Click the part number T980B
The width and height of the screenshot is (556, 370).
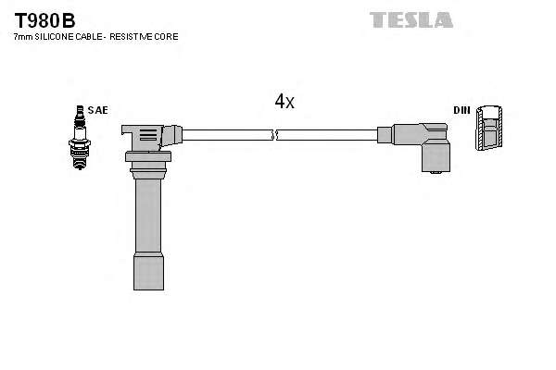(x=44, y=20)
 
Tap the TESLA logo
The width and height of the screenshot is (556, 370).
(x=411, y=19)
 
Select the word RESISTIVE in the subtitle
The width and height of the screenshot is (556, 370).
(x=130, y=36)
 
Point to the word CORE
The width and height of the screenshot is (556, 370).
(x=166, y=36)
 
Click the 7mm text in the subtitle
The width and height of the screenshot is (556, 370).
(x=23, y=36)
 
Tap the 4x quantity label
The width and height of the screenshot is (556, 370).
(x=284, y=101)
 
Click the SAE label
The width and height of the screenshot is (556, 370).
(x=97, y=110)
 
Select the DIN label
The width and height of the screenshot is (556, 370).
(x=461, y=110)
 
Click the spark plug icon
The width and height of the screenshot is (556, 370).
(x=80, y=138)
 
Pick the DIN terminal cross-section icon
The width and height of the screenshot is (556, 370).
(x=489, y=128)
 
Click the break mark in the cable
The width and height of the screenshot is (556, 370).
(x=274, y=134)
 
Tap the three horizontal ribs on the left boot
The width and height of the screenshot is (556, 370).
(x=148, y=135)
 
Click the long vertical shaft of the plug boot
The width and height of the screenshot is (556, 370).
(x=148, y=216)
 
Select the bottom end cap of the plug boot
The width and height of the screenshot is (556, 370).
(x=148, y=271)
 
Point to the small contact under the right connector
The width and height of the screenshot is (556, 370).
(x=436, y=173)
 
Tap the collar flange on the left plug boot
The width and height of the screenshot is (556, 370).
(x=148, y=156)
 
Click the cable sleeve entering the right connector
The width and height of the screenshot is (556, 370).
(x=385, y=135)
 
